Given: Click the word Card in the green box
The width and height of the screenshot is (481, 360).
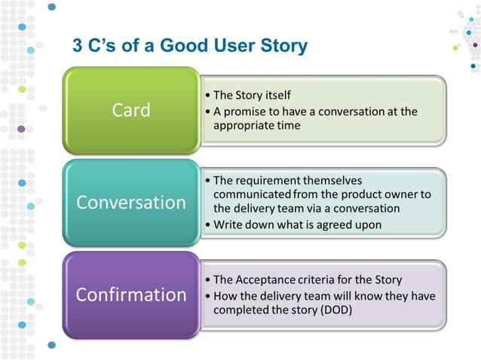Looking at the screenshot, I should [130, 110].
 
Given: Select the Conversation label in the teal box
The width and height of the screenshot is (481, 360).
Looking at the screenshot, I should [130, 203].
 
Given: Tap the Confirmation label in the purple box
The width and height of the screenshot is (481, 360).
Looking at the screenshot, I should [130, 294].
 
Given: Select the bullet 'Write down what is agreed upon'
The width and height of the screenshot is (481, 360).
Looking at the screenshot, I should [297, 224].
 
